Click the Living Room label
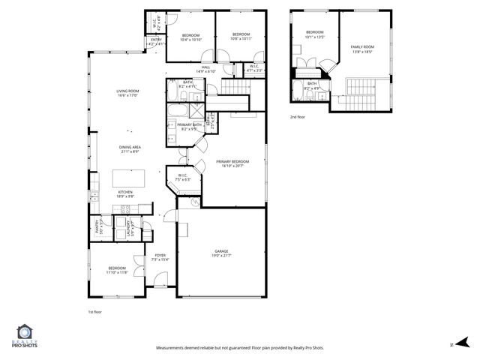pyautogui.click(x=127, y=91)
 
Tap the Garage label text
pyautogui.click(x=221, y=251)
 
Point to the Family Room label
pyautogui.click(x=361, y=47)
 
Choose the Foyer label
pyautogui.click(x=160, y=256)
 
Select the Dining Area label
pyautogui.click(x=130, y=147)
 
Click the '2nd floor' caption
pyautogui.click(x=298, y=117)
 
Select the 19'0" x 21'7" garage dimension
pyautogui.click(x=221, y=256)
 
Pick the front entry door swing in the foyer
pyautogui.click(x=158, y=283)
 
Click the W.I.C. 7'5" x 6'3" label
pyautogui.click(x=182, y=177)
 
